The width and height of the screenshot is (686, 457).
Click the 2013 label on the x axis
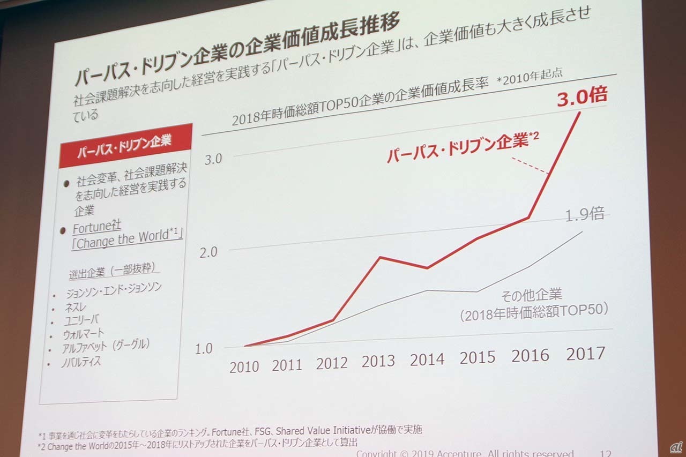point(379,361)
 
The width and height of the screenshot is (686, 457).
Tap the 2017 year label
point(585,354)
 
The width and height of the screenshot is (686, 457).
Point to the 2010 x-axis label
point(244,367)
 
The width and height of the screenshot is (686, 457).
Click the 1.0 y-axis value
point(203,349)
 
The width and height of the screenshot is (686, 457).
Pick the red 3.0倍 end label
point(581,98)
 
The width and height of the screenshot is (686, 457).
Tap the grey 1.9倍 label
point(585,215)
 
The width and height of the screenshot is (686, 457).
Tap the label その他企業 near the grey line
point(531,295)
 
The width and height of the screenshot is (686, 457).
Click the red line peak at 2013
point(380,257)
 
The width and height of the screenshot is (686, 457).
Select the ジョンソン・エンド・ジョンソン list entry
point(113,291)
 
